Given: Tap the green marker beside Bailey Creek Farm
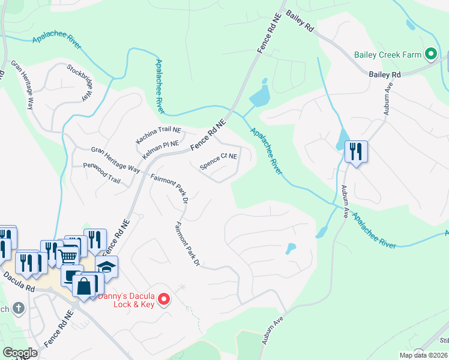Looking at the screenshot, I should point(430,55).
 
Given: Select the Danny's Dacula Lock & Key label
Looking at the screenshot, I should point(134,300).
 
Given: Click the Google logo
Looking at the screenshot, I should point(20,353).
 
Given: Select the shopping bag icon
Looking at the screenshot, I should point(84,286).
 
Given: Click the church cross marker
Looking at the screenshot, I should point(19,308).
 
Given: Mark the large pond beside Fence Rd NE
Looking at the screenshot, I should point(260,96).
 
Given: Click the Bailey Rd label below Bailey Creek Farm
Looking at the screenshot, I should point(384,74).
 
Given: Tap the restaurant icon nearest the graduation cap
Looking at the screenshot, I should point(95,241).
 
